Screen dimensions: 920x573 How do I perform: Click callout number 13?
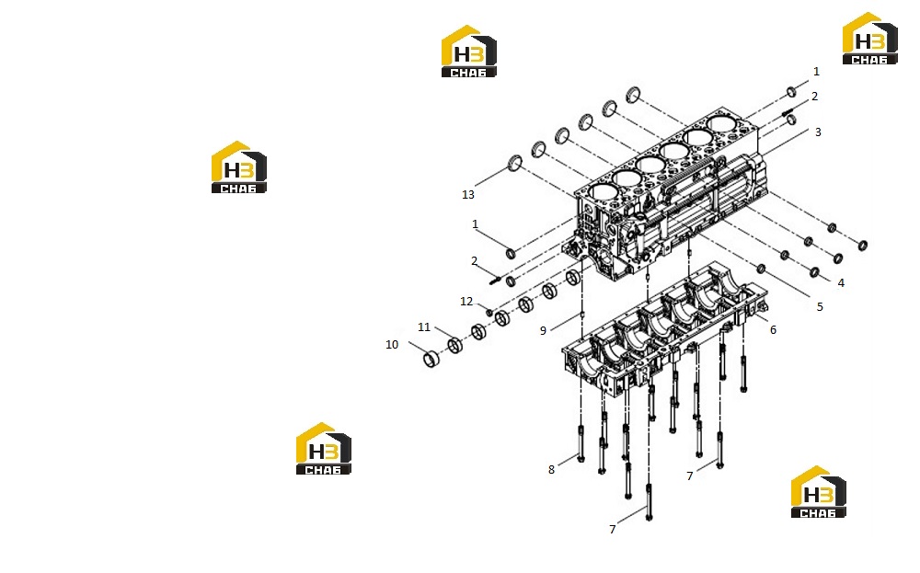pyautogui.click(x=467, y=195)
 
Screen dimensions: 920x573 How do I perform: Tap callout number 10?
pyautogui.click(x=392, y=345)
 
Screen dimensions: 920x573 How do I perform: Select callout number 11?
pyautogui.click(x=423, y=327)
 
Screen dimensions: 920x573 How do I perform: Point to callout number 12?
pyautogui.click(x=466, y=302)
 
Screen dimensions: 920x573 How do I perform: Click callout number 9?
pyautogui.click(x=544, y=331)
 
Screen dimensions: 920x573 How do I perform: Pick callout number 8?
pyautogui.click(x=551, y=470)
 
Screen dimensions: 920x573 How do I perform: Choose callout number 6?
pyautogui.click(x=774, y=330)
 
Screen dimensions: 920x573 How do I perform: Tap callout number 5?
pyautogui.click(x=820, y=306)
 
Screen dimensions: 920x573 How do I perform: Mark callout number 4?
pyautogui.click(x=841, y=283)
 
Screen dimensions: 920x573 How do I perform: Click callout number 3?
pyautogui.click(x=818, y=132)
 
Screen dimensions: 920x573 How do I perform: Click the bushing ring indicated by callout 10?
pyautogui.click(x=432, y=359)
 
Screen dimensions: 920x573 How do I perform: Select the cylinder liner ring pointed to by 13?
pyautogui.click(x=514, y=163)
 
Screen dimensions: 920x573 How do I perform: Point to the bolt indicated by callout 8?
pyautogui.click(x=581, y=443)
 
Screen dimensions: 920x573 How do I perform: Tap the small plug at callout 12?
pyautogui.click(x=489, y=313)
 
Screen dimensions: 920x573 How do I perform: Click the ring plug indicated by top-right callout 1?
pyautogui.click(x=791, y=91)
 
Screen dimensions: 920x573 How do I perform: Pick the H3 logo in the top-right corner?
pyautogui.click(x=869, y=38)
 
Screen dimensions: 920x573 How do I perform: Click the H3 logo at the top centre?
pyautogui.click(x=469, y=51)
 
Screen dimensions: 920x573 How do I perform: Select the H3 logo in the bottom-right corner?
pyautogui.click(x=818, y=492)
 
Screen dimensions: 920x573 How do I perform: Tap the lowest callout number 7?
pyautogui.click(x=613, y=530)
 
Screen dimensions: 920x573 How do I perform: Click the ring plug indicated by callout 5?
pyautogui.click(x=761, y=269)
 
